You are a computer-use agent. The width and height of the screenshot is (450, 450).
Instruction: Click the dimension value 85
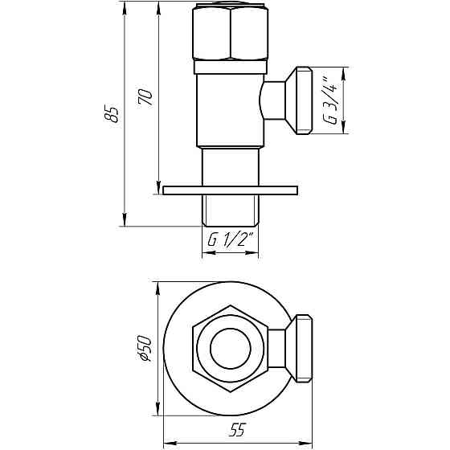pyautogui.click(x=113, y=114)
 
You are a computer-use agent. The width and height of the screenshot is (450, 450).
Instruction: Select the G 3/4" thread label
pyautogui.click(x=329, y=100)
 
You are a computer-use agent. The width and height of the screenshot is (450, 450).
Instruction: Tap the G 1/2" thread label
pyautogui.click(x=230, y=239)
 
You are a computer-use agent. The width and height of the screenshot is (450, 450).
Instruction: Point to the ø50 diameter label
pyautogui.click(x=145, y=347)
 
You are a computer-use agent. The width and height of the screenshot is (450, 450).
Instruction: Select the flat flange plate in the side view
pyautogui.click(x=230, y=190)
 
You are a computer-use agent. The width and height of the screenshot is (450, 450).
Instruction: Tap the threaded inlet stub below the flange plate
pyautogui.click(x=230, y=211)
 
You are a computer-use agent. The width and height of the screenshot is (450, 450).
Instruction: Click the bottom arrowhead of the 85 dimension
pyautogui.click(x=125, y=223)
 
